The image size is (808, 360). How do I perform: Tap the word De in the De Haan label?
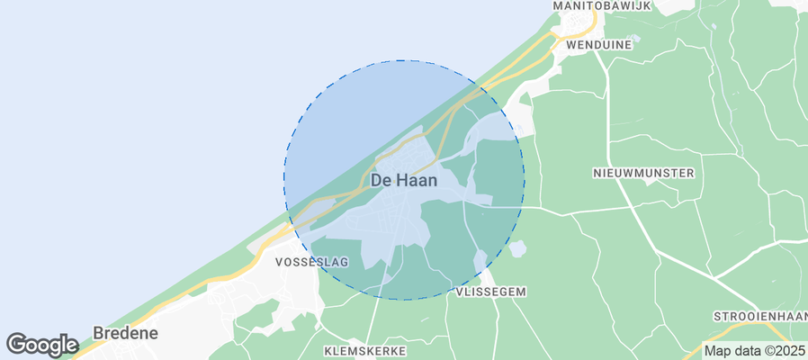381,180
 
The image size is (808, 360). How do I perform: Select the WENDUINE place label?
590,42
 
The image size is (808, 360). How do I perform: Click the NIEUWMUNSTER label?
643,172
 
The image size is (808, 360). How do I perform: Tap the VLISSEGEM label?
490,292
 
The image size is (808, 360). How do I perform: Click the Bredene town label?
126,333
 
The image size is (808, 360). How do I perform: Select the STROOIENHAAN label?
760,317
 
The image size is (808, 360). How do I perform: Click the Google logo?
41,345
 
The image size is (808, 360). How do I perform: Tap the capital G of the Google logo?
15,344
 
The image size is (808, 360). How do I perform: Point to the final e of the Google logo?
71,346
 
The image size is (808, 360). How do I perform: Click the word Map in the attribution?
718,351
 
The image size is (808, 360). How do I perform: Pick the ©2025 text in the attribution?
786,351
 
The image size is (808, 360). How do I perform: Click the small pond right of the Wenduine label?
633,40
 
